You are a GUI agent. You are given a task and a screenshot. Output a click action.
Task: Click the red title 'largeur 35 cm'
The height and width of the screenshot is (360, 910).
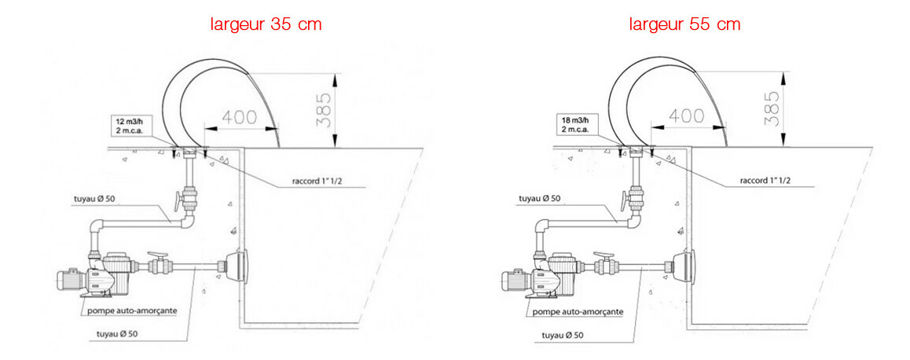click(x=266, y=24)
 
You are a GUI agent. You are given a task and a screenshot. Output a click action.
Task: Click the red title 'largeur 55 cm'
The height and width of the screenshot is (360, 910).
click(x=684, y=24)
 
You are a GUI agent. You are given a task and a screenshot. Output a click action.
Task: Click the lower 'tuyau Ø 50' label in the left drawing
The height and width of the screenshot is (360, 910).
click(x=117, y=334)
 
